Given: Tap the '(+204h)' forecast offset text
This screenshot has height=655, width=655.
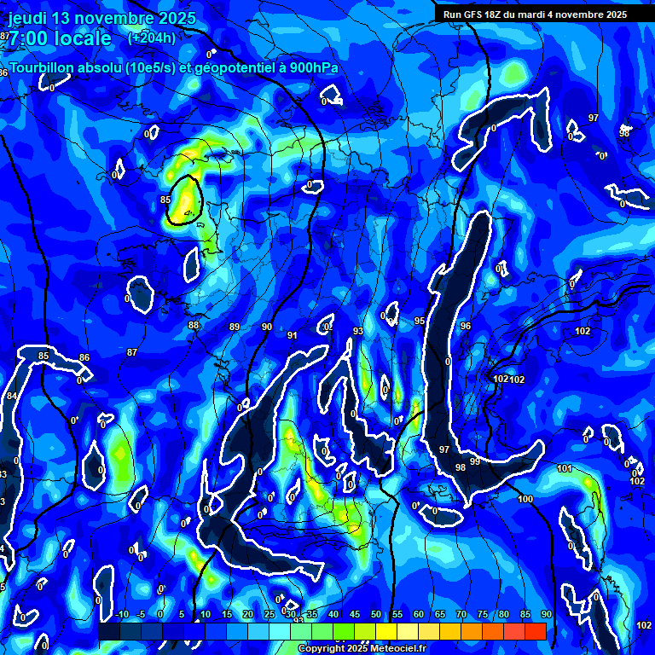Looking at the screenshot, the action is click(152, 38).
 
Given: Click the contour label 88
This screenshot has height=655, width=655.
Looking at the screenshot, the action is click(194, 325).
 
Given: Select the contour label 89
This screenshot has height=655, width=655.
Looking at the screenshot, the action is click(235, 327).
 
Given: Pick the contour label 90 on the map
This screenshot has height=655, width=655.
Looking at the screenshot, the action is click(267, 327).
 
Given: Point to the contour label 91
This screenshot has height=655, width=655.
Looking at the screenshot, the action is click(293, 335).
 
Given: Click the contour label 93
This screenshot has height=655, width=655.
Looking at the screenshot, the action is click(358, 331).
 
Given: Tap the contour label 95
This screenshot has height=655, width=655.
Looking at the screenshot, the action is click(420, 321).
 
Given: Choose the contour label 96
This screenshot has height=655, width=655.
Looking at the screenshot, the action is click(466, 326).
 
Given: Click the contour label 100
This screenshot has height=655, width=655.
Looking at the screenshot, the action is click(525, 499).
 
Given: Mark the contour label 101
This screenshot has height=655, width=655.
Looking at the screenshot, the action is click(564, 468).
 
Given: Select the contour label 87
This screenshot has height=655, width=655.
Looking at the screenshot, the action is click(131, 352).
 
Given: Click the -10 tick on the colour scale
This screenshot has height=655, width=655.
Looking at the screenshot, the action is click(121, 615).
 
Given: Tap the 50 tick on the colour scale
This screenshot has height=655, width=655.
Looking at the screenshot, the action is click(376, 615).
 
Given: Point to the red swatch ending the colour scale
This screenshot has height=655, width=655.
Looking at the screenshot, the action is click(535, 631).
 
